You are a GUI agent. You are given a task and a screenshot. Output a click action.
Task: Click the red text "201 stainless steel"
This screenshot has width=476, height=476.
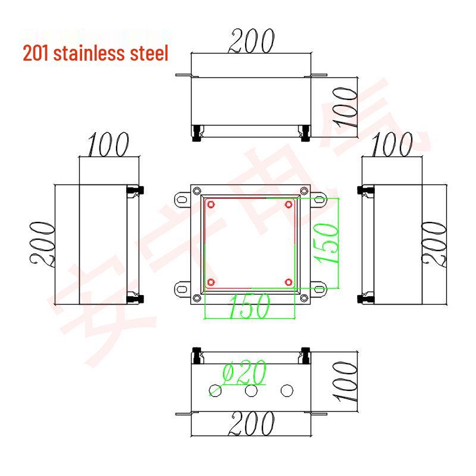pos(95,54)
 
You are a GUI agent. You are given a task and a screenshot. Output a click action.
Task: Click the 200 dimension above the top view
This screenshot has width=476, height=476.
pos(251,40)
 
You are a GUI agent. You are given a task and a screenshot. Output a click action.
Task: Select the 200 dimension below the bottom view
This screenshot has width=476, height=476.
pos(251,424)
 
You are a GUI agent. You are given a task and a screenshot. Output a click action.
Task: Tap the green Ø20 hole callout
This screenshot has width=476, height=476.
pos(244,374)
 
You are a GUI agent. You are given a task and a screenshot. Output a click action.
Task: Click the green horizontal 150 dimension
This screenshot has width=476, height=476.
pos(248,305)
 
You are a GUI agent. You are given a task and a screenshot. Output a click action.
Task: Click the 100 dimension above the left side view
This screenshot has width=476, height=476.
pos(108,145)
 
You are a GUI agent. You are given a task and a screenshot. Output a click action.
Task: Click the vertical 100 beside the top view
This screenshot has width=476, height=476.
pos(345,107)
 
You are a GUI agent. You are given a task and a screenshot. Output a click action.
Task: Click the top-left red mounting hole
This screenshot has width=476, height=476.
pos(211,205)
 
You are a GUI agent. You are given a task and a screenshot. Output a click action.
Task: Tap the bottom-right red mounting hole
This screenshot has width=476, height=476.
pos(289,282)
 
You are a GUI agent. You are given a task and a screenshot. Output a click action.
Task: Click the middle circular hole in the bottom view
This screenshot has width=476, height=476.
pos(251,390)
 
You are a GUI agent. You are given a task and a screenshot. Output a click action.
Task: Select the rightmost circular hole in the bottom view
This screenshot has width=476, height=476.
pos(287,390)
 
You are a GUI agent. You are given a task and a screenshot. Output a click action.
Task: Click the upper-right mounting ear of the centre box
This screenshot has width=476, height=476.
pos(320,200)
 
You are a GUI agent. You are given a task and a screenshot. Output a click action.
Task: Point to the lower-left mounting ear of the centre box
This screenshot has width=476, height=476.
pos(181,290)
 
